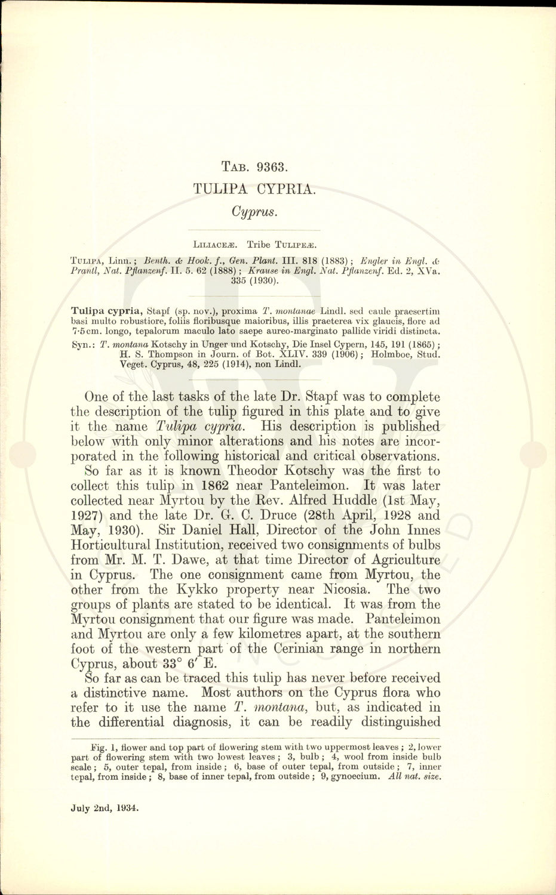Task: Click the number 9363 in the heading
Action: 272,167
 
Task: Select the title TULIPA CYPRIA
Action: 254,189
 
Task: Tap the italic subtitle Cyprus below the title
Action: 254,212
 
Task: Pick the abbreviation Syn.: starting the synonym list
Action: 83,345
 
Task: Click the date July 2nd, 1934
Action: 105,808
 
